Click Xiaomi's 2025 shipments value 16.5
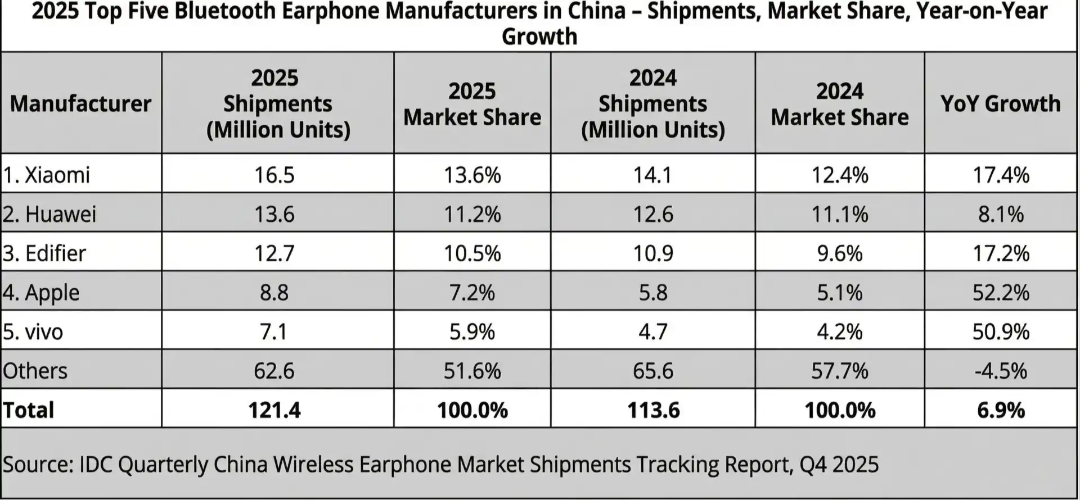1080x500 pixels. (274, 175)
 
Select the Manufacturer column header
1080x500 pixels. (80, 103)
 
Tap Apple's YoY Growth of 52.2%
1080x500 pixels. (1001, 292)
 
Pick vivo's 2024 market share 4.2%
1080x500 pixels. (839, 331)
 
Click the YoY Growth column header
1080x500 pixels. (1000, 103)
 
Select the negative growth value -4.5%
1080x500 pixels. (1001, 371)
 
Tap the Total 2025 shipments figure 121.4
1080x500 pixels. (274, 410)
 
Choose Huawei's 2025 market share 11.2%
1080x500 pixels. (472, 214)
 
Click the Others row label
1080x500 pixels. (35, 371)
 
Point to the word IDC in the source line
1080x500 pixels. (96, 465)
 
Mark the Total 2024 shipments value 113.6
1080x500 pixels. (653, 410)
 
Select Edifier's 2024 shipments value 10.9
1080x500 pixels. (653, 253)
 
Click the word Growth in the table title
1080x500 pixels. (539, 37)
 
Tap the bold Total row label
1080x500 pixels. (28, 410)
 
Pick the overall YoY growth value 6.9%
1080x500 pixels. (1001, 410)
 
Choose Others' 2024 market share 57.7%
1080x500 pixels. (839, 371)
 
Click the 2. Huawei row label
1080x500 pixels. (49, 214)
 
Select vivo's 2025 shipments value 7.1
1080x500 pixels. (274, 331)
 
